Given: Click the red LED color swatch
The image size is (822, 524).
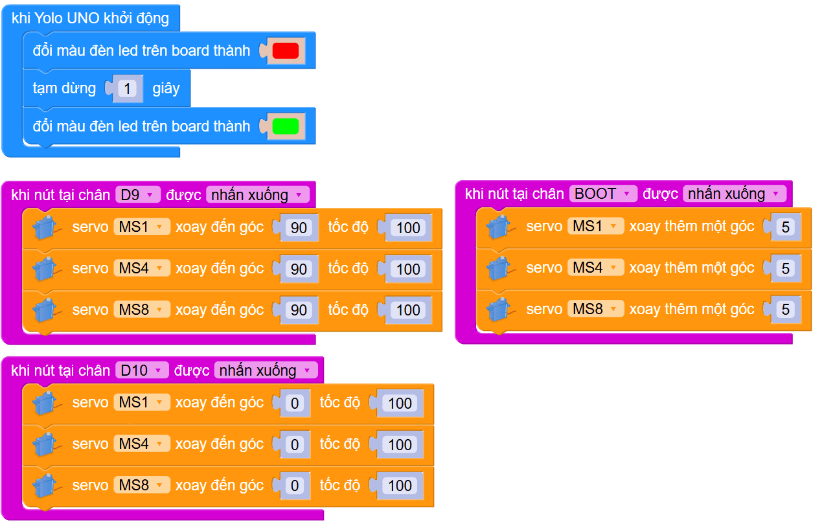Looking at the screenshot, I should click(x=285, y=51).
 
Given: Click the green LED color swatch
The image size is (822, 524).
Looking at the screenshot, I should click(x=285, y=126).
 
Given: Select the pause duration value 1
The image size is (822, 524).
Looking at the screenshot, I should click(x=128, y=88).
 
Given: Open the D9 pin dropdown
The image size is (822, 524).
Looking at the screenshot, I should click(x=137, y=194).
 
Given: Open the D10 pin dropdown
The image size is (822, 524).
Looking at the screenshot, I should click(x=141, y=370).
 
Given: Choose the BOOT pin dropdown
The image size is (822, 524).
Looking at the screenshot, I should click(x=602, y=194).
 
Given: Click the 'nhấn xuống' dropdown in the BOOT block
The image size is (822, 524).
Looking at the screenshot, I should click(x=733, y=194).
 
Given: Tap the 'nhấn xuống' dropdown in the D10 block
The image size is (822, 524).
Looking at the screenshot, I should click(x=265, y=370).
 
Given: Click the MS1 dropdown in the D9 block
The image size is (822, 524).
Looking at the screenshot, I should click(x=141, y=227).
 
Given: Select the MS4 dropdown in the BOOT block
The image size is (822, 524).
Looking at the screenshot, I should click(x=595, y=268).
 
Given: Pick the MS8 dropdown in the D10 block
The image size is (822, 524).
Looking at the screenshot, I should click(x=141, y=485).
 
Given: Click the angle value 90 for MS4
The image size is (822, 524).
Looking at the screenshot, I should click(x=299, y=269).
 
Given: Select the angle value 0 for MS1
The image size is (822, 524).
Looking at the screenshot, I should click(x=295, y=404).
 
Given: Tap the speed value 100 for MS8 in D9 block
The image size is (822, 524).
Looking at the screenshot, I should click(x=408, y=310).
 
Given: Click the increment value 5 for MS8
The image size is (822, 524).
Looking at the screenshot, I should click(x=786, y=310).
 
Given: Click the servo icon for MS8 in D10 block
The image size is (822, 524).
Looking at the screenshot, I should click(x=45, y=486).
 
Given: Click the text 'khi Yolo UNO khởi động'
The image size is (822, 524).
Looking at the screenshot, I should click(x=90, y=18).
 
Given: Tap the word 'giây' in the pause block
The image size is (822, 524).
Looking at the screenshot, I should click(x=166, y=88).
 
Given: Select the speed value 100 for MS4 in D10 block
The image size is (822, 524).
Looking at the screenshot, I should click(x=400, y=444).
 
